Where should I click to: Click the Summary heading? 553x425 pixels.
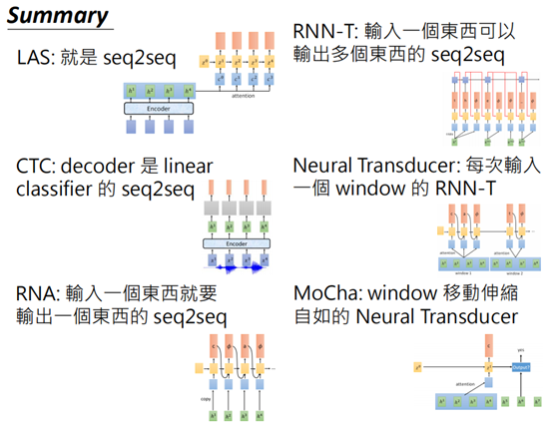(57, 15)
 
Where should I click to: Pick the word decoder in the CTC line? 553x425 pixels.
(105, 164)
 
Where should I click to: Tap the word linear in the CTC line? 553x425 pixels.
(185, 164)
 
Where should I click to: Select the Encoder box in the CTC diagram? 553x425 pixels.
(237, 242)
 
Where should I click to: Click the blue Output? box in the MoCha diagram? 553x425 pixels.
(521, 368)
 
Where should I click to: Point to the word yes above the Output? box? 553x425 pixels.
(521, 350)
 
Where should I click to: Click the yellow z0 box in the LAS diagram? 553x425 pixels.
(205, 62)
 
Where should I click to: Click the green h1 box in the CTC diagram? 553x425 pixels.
(213, 228)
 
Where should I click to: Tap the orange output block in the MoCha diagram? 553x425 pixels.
(488, 345)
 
